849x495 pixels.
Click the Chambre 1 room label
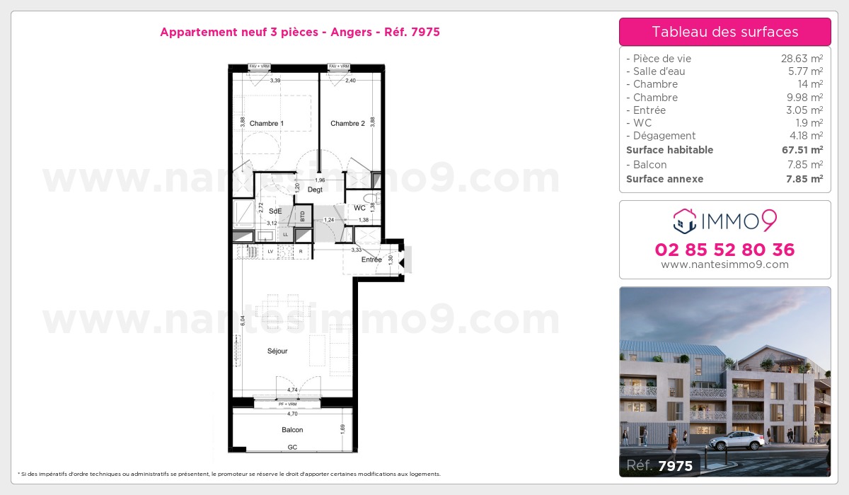click(x=267, y=124)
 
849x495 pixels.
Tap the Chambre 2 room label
click(x=347, y=124)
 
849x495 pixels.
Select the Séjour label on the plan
click(x=277, y=351)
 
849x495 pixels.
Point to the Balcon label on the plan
click(x=292, y=430)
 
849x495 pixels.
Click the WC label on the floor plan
click(x=359, y=208)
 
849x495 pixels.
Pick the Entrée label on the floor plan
click(x=371, y=260)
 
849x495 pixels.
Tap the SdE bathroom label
click(x=275, y=211)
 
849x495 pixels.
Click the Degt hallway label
click(x=316, y=190)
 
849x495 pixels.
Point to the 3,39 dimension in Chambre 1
click(x=276, y=81)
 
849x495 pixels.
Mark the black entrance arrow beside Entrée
click(x=401, y=263)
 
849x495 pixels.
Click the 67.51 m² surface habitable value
click(x=802, y=150)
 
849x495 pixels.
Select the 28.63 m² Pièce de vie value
click(x=802, y=59)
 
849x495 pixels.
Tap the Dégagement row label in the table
click(x=664, y=136)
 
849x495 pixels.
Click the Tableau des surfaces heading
click(x=724, y=32)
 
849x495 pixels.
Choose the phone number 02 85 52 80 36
click(x=724, y=250)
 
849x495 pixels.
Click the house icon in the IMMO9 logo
click(x=685, y=221)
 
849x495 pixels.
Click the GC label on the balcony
click(x=292, y=448)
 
